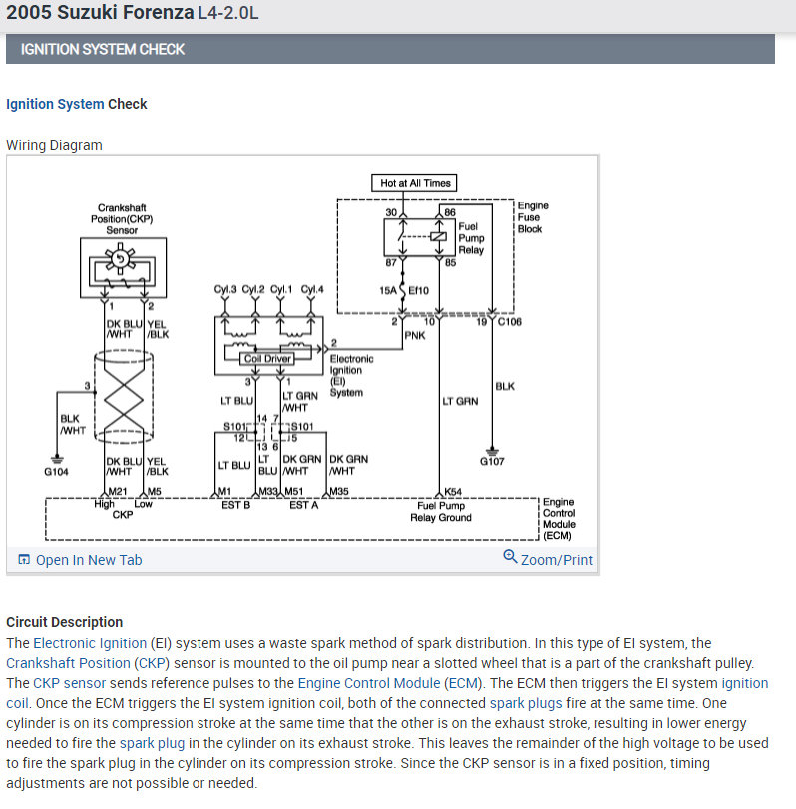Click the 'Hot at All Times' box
tap(415, 183)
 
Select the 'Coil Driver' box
tap(266, 358)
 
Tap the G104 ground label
tap(56, 471)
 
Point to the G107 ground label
tap(492, 462)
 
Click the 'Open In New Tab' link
tap(80, 560)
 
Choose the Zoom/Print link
tap(548, 559)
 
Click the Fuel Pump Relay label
tap(471, 238)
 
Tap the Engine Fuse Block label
tap(532, 217)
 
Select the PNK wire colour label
tap(415, 336)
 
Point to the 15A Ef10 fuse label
tap(403, 290)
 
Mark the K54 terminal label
tap(452, 492)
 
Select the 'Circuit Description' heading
tap(64, 622)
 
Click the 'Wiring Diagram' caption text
tap(54, 145)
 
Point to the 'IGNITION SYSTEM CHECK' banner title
tap(103, 49)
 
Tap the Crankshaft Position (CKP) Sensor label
tap(125, 219)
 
